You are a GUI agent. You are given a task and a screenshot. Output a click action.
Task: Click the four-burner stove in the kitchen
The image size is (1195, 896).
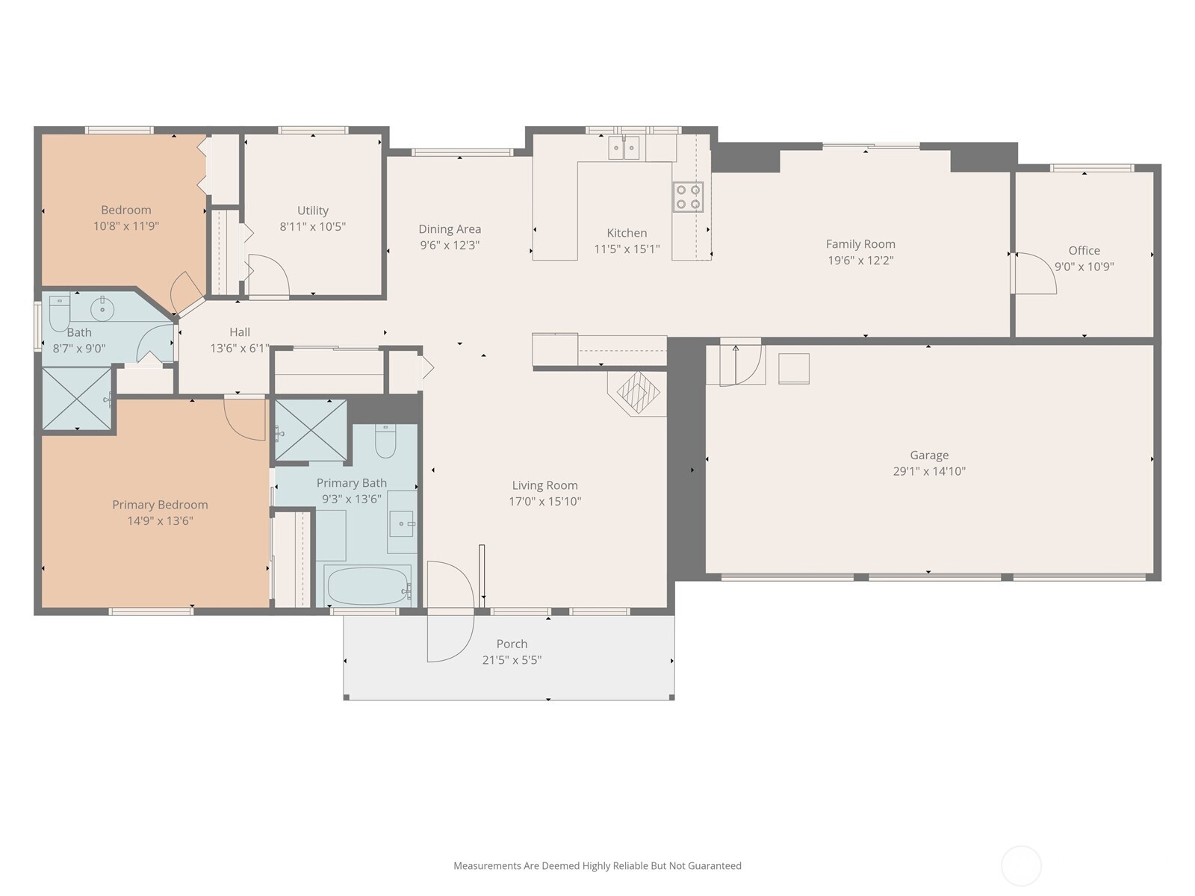688,197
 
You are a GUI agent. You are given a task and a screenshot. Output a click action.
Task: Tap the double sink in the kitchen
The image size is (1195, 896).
624,148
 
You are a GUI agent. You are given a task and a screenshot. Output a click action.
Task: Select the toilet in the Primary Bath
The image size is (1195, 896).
385,442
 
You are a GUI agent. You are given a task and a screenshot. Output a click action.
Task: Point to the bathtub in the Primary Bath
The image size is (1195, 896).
368,586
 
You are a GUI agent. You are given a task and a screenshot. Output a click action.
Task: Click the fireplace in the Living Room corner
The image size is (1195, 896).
638,393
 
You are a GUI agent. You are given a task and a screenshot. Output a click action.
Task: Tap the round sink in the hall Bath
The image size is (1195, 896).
102,310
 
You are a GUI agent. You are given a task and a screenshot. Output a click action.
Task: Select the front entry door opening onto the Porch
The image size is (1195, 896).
451,612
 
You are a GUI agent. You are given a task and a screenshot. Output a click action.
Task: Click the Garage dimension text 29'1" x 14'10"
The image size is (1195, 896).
929,471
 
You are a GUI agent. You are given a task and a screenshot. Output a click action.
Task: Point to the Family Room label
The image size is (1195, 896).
860,244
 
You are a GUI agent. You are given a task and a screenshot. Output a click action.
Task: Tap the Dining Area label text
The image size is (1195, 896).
450,229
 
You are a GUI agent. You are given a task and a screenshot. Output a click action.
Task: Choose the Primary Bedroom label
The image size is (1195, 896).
160,505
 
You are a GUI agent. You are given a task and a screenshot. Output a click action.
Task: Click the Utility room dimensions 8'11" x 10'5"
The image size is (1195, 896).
312,226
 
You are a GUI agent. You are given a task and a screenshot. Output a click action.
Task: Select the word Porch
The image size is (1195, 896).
512,644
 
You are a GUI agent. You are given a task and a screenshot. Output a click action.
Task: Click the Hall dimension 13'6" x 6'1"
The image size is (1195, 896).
240,348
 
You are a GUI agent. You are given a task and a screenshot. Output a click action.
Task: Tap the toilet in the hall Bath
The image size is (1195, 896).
59,314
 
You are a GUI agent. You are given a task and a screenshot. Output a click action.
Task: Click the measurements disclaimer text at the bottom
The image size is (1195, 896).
597,865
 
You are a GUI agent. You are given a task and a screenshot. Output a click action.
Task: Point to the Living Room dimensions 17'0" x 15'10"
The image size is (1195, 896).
545,501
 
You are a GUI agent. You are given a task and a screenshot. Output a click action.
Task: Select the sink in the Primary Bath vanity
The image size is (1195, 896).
401,523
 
